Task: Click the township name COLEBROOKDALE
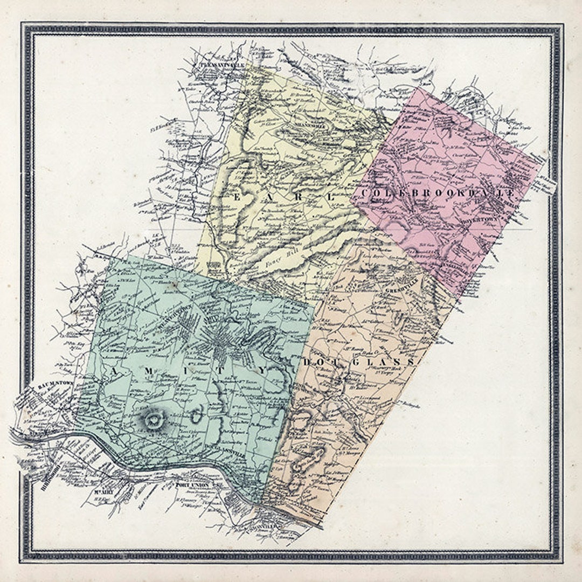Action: pos(438,192)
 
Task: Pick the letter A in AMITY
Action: pos(114,372)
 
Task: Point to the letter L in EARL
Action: pos(341,197)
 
